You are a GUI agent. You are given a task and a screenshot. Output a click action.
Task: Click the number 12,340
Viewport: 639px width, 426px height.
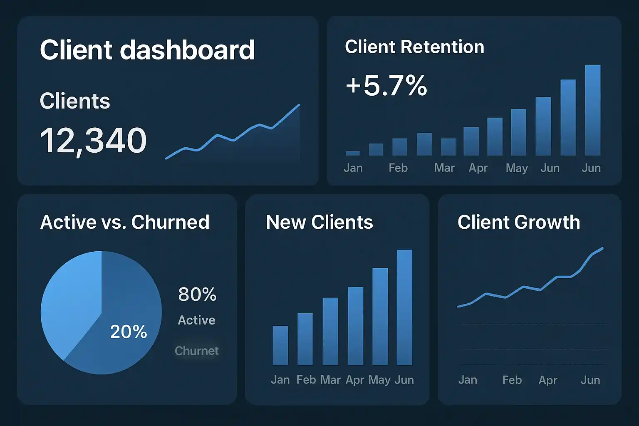[x=93, y=141]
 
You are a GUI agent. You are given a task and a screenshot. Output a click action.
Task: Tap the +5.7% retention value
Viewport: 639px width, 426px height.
[x=386, y=86]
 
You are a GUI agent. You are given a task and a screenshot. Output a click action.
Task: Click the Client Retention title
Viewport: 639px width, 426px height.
[x=414, y=47]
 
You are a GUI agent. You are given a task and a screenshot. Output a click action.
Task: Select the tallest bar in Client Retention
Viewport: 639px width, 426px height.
[x=592, y=110]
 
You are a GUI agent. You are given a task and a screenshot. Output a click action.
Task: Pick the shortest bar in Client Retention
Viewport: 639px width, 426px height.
[x=353, y=153]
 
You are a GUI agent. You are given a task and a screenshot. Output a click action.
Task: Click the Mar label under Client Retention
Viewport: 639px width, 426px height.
[x=444, y=168]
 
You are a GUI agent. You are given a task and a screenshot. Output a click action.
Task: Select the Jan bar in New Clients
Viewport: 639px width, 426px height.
[x=280, y=345]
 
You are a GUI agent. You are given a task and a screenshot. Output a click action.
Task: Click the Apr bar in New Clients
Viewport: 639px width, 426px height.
[x=355, y=326]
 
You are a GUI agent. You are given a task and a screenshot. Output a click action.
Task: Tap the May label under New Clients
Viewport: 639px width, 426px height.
[x=379, y=380]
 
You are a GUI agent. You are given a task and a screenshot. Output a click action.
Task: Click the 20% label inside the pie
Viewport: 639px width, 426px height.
[x=129, y=332]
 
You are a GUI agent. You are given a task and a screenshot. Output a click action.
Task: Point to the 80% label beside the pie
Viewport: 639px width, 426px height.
[x=197, y=295]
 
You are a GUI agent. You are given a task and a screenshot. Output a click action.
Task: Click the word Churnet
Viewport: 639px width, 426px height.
[x=196, y=351]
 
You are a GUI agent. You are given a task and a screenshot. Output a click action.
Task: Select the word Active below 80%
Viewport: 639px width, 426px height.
[x=196, y=320]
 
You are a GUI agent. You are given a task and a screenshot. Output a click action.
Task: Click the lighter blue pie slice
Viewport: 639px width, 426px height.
[x=71, y=300]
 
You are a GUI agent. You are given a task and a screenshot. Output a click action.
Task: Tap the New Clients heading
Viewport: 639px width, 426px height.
[x=319, y=222]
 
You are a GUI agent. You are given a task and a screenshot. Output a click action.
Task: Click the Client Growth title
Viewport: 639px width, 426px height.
[x=519, y=222]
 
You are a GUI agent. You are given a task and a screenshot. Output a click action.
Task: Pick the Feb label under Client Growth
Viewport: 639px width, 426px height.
[x=512, y=380]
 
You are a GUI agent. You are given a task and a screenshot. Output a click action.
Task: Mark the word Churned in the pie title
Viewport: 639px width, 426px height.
[x=170, y=222]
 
